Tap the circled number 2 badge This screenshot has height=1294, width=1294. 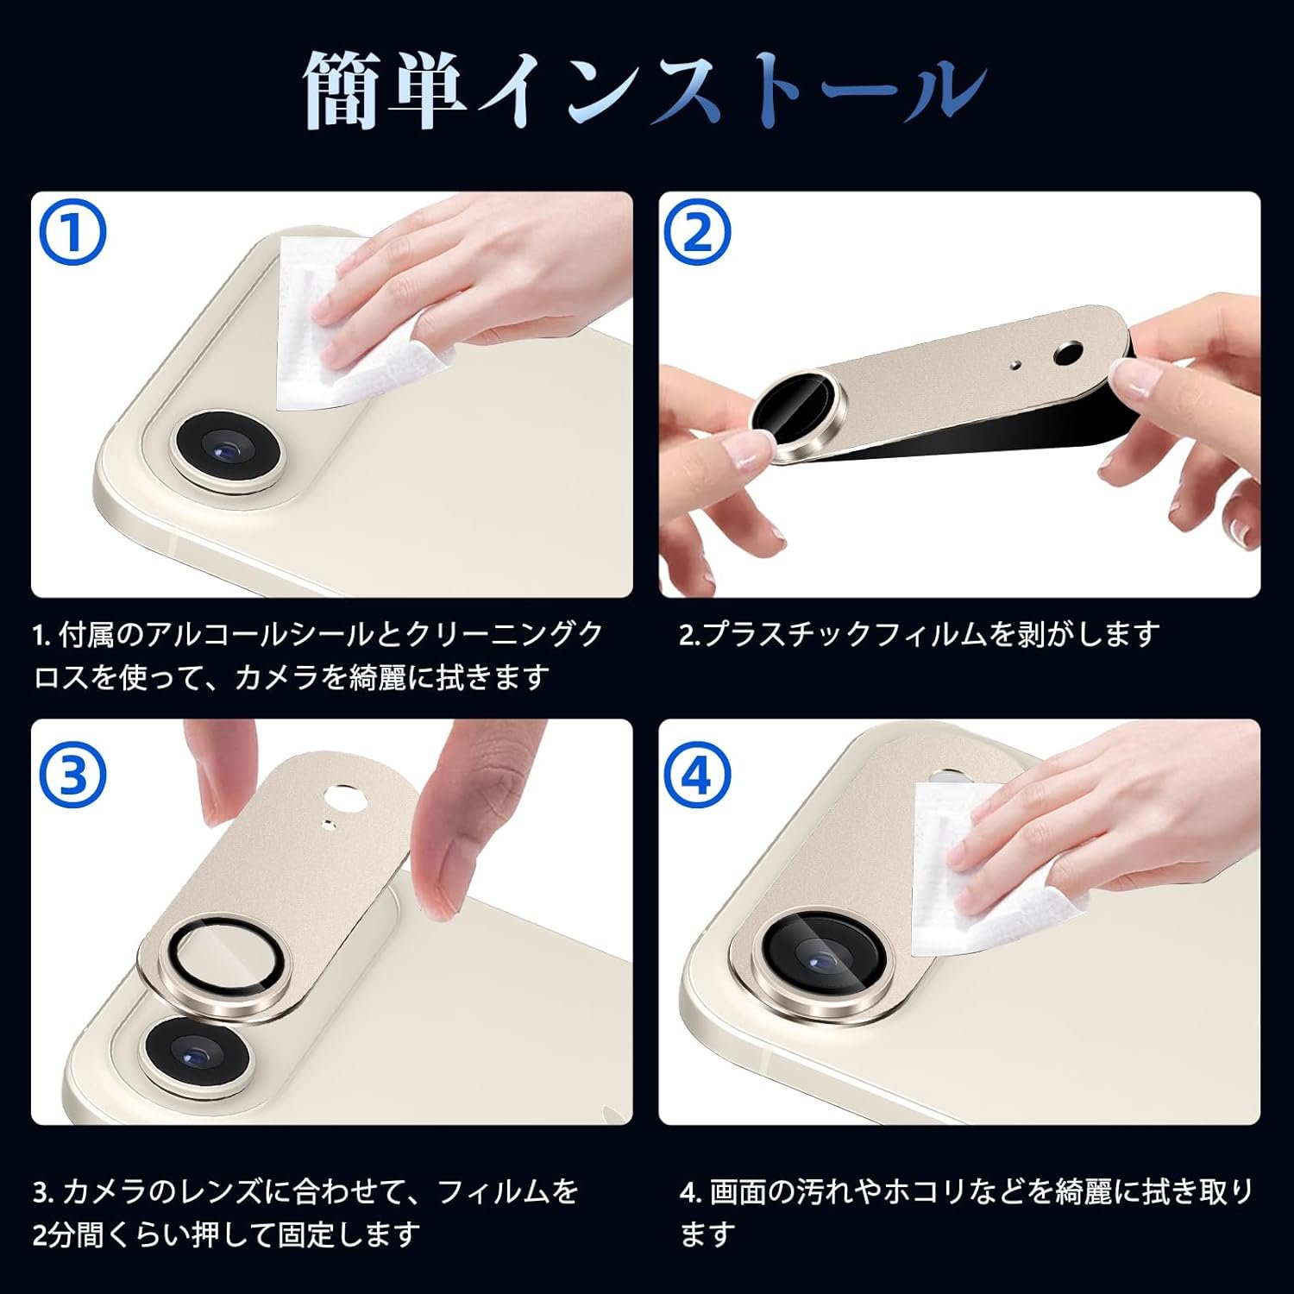click(x=699, y=232)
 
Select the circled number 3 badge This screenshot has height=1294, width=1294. click(x=72, y=776)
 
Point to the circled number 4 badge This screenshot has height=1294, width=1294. click(x=699, y=776)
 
